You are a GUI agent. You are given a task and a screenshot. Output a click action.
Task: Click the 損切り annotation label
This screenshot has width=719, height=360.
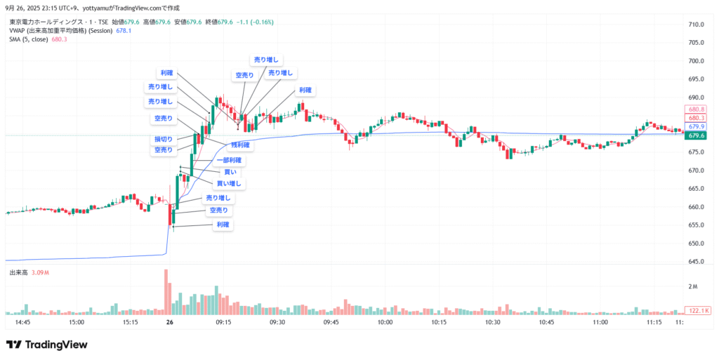(x=163, y=139)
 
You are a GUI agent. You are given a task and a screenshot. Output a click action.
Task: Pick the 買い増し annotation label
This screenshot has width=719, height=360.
(x=229, y=184)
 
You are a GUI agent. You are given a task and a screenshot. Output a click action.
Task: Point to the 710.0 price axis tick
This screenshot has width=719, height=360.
(x=696, y=25)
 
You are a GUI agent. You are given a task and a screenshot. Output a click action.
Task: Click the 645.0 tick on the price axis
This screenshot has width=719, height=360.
(x=696, y=262)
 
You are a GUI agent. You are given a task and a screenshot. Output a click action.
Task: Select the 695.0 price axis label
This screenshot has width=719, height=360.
(x=696, y=79)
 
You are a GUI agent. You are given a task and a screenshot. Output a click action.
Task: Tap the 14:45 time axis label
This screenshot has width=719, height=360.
(x=22, y=322)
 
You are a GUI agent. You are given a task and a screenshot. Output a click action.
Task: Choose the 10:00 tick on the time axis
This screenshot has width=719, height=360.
(x=384, y=322)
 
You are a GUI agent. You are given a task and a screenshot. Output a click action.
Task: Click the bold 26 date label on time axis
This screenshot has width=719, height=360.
(x=169, y=322)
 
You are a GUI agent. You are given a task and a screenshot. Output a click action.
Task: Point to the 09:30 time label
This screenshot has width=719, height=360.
(x=277, y=322)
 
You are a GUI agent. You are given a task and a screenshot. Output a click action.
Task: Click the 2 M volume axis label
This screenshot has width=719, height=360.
(x=692, y=287)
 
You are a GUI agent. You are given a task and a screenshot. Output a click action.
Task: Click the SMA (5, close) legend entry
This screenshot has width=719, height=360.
(x=29, y=39)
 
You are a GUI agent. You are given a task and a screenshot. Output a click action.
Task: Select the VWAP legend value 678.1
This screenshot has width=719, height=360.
(x=124, y=31)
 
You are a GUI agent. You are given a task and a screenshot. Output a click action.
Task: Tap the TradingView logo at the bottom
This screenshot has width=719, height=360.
(x=47, y=345)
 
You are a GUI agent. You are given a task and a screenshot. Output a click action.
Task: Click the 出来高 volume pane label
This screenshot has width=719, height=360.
(x=18, y=272)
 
